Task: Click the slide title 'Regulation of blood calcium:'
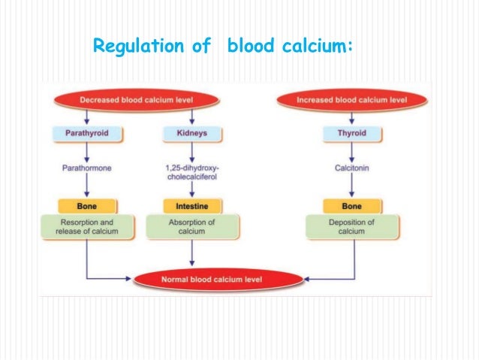(x=221, y=47)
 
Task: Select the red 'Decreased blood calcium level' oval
(x=136, y=99)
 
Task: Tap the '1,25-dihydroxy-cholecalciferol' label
(x=194, y=172)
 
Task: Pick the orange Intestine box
(x=194, y=205)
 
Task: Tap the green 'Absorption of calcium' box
(x=194, y=226)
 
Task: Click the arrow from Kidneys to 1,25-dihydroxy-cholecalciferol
(x=194, y=151)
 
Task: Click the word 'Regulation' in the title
(x=133, y=47)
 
